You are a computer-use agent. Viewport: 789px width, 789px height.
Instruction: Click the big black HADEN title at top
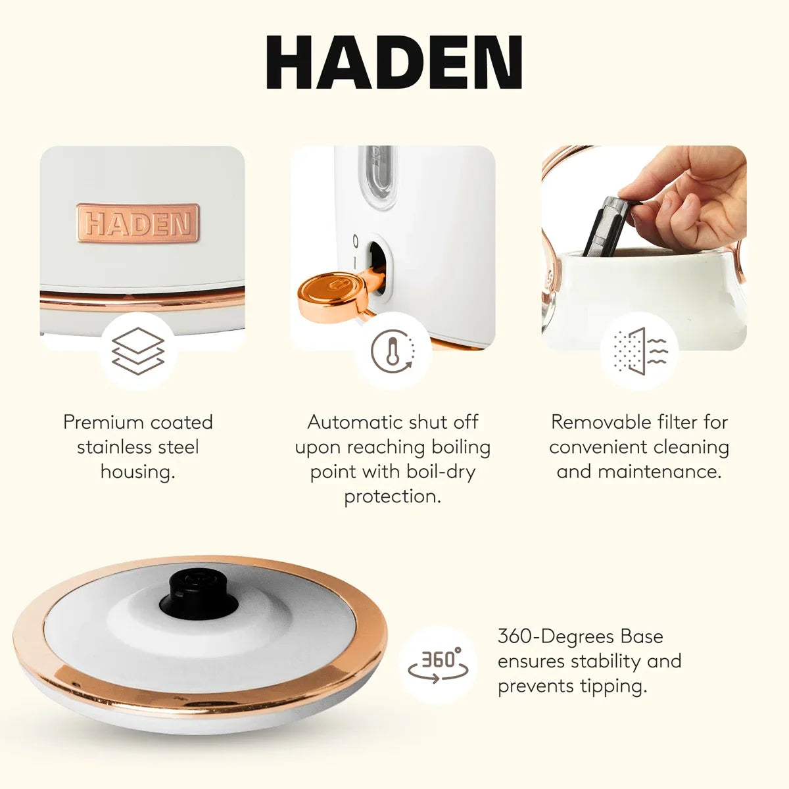pyautogui.click(x=394, y=62)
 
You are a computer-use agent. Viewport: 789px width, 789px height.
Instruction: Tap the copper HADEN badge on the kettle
pyautogui.click(x=138, y=223)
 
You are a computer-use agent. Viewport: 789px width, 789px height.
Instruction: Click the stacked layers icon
pyautogui.click(x=138, y=350)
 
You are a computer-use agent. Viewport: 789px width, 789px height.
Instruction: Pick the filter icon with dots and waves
pyautogui.click(x=640, y=351)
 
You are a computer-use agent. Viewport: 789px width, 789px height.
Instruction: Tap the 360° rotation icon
pyautogui.click(x=438, y=665)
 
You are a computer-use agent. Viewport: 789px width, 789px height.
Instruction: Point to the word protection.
pyautogui.click(x=393, y=497)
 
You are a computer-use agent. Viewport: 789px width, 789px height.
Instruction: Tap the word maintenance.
pyautogui.click(x=659, y=471)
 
